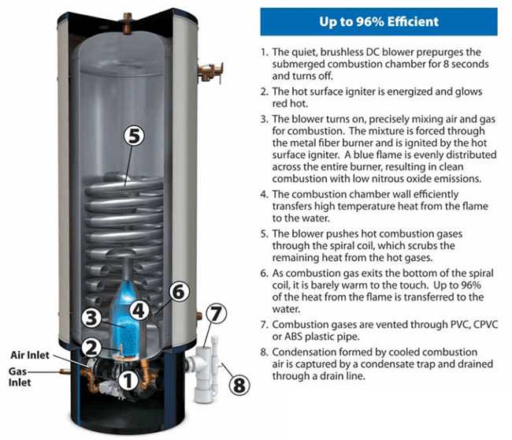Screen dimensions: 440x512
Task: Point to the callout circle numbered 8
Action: [x=239, y=386]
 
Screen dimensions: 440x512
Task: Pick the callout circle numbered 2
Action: [x=93, y=346]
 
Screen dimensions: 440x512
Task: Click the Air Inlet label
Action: [x=32, y=356]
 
